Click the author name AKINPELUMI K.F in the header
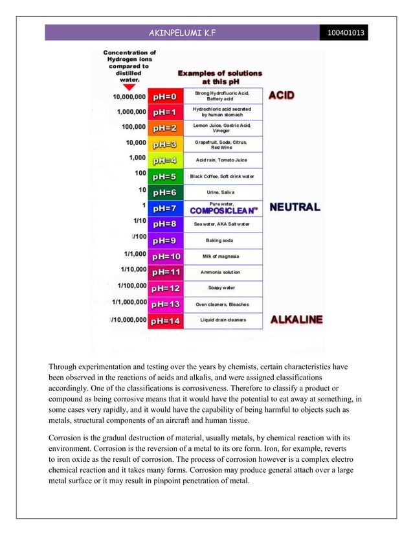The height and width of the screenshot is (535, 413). click(184, 32)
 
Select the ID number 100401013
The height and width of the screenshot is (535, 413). click(345, 32)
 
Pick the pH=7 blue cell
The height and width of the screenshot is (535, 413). click(164, 209)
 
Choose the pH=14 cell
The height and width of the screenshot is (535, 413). click(164, 320)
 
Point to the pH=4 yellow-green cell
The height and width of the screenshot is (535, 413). click(164, 159)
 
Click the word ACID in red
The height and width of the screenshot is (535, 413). click(282, 95)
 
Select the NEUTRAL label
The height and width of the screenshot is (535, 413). click(294, 207)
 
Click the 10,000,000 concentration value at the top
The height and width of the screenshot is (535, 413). click(129, 97)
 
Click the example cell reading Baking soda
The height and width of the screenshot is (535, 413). click(223, 240)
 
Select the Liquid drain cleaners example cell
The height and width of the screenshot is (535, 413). click(223, 320)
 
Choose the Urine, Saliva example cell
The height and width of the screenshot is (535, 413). click(223, 192)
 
